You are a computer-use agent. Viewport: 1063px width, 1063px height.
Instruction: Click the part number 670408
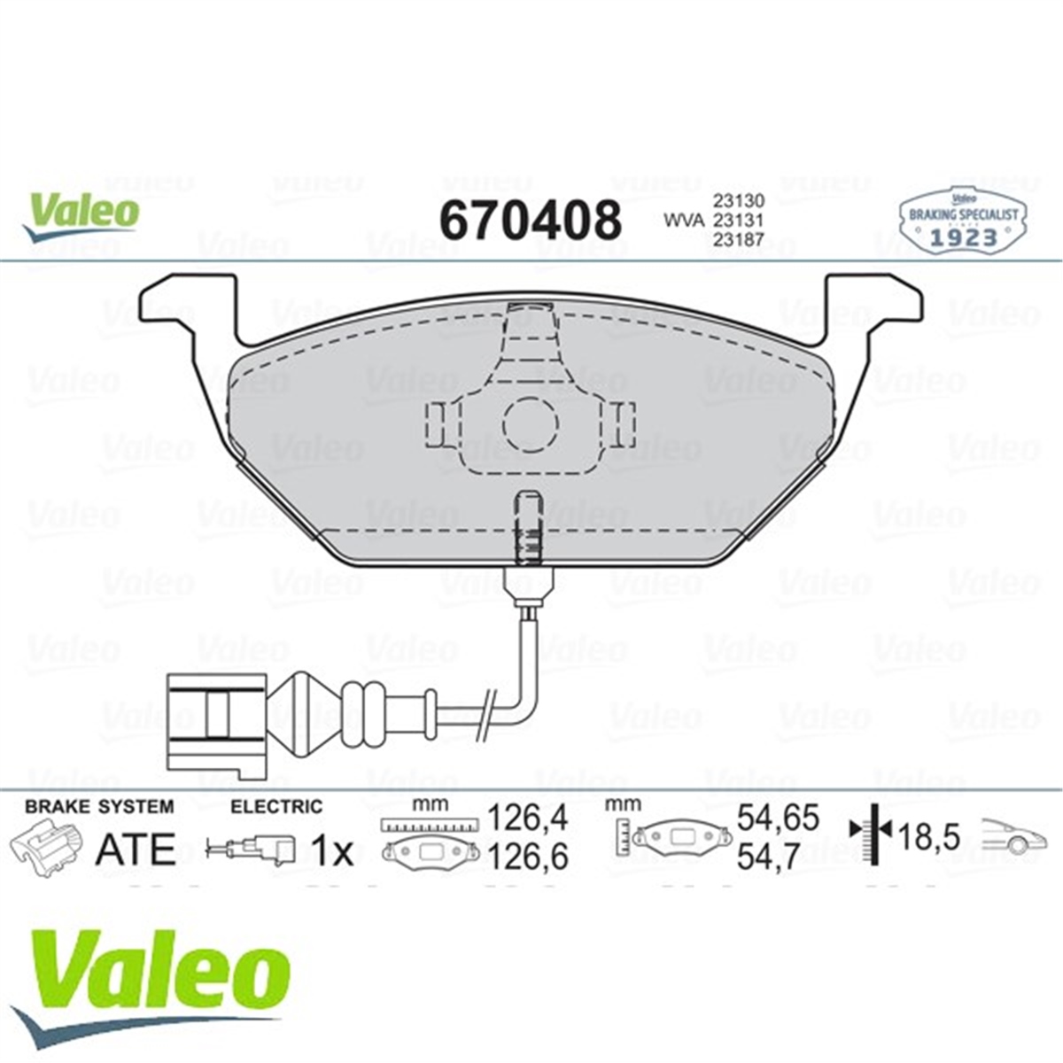tap(530, 220)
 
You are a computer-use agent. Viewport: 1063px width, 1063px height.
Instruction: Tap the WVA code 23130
tap(738, 200)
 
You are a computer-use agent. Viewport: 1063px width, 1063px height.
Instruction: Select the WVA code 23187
tap(738, 240)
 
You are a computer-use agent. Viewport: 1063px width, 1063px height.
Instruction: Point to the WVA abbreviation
tap(684, 221)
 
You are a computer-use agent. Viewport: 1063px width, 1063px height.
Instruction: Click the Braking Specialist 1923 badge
tap(963, 221)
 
